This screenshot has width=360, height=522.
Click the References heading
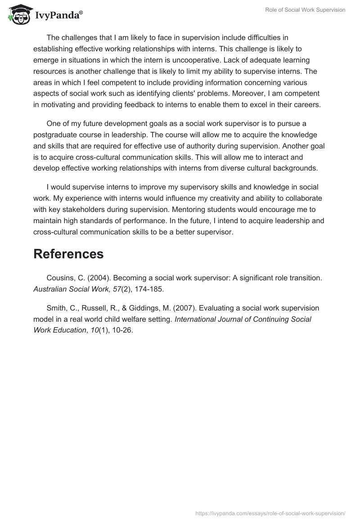(x=68, y=254)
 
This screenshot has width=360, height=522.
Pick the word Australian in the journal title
(x=49, y=289)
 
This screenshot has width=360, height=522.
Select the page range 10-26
(x=122, y=330)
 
